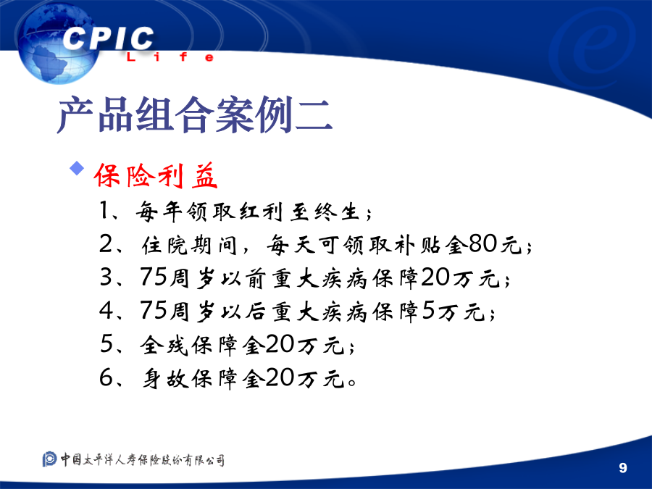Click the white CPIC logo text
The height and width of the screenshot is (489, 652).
pyautogui.click(x=108, y=38)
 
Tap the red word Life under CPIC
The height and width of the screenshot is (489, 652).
pyautogui.click(x=170, y=57)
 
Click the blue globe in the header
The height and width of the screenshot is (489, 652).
pyautogui.click(x=57, y=43)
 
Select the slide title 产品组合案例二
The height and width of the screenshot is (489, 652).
pyautogui.click(x=195, y=114)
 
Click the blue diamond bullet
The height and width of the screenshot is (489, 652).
pyautogui.click(x=77, y=168)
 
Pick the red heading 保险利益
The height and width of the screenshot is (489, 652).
pyautogui.click(x=156, y=175)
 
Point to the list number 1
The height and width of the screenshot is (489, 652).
pyautogui.click(x=104, y=210)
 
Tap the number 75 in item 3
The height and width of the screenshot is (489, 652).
pyautogui.click(x=153, y=277)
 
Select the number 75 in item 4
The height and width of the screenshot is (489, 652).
pyautogui.click(x=153, y=310)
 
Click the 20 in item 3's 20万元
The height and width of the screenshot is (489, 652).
pyautogui.click(x=435, y=277)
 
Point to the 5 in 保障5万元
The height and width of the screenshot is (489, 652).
pyautogui.click(x=428, y=311)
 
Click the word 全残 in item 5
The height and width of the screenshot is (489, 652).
pyautogui.click(x=164, y=345)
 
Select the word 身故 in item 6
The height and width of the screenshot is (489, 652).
pyautogui.click(x=165, y=378)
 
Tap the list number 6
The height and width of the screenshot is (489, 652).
pyautogui.click(x=106, y=378)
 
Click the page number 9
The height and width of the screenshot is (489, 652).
pyautogui.click(x=622, y=468)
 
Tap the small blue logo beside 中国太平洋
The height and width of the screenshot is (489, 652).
pyautogui.click(x=49, y=459)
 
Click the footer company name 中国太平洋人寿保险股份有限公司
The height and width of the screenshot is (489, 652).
pyautogui.click(x=143, y=459)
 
